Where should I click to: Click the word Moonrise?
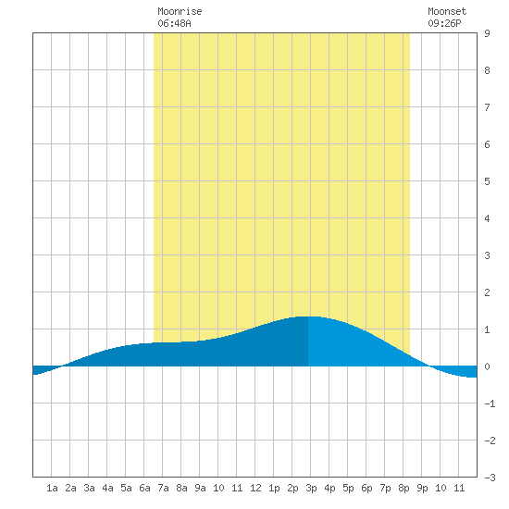pyautogui.click(x=180, y=11)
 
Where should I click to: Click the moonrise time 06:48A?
pyautogui.click(x=174, y=23)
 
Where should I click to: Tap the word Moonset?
pyautogui.click(x=447, y=11)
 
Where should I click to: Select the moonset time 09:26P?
pyautogui.click(x=444, y=23)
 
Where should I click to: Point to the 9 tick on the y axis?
pyautogui.click(x=487, y=33)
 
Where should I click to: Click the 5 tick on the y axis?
pyautogui.click(x=487, y=181)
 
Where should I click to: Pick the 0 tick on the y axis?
pyautogui.click(x=487, y=366)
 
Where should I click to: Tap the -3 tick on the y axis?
pyautogui.click(x=490, y=478)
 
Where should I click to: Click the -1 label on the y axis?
pyautogui.click(x=490, y=403)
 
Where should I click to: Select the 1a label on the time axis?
pyautogui.click(x=52, y=488)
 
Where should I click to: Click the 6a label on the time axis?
pyautogui.click(x=144, y=488)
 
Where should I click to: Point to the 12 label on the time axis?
pyautogui.click(x=255, y=488)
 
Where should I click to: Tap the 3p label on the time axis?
pyautogui.click(x=311, y=488)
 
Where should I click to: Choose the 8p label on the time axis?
pyautogui.click(x=403, y=488)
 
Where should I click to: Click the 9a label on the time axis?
pyautogui.click(x=200, y=488)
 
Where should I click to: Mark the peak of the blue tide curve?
pyautogui.click(x=308, y=317)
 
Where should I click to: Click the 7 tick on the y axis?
pyautogui.click(x=487, y=107)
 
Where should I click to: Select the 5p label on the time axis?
pyautogui.click(x=348, y=488)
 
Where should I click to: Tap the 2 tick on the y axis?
pyautogui.click(x=487, y=292)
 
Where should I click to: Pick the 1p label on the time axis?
pyautogui.click(x=274, y=488)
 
